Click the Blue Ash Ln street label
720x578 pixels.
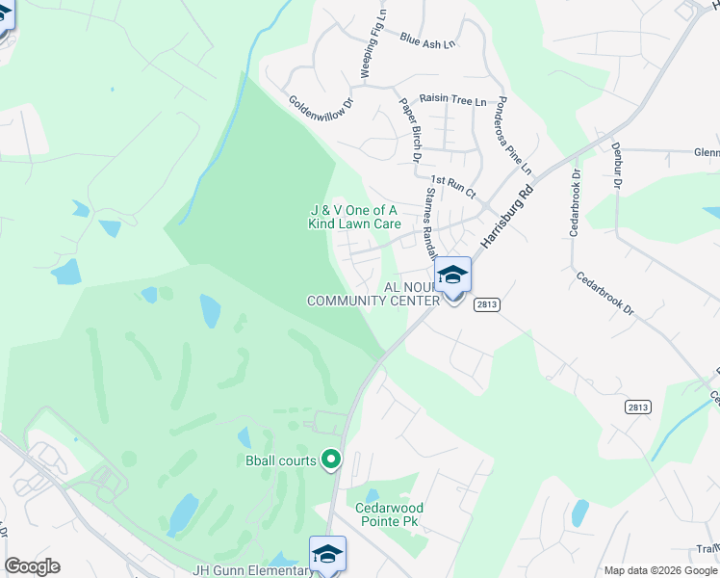coord(427,40)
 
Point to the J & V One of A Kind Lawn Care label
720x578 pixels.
coord(353,217)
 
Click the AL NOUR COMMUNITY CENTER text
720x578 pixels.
coord(373,294)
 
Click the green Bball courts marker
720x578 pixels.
coord(331,460)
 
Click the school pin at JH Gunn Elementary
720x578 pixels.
coord(327,554)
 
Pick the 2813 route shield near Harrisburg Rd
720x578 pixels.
coord(486,302)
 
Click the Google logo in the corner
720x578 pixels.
coord(32,566)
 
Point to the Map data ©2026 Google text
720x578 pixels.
coord(659,570)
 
